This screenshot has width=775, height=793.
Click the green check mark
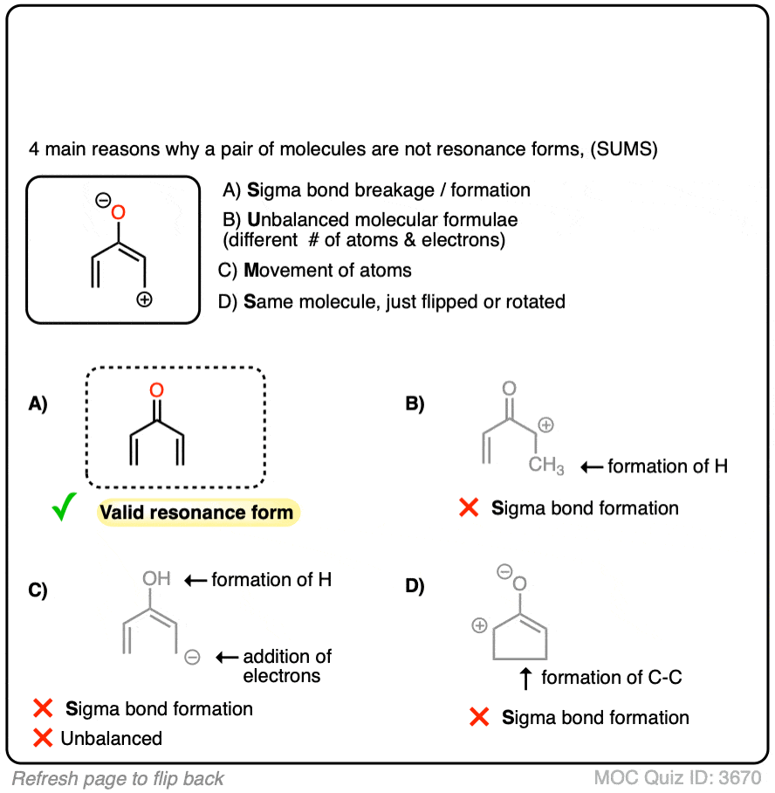click(x=64, y=508)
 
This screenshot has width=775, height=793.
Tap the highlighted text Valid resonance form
click(x=197, y=512)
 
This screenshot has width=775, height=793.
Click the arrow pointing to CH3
click(x=591, y=467)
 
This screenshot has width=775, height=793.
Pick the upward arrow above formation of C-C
click(x=526, y=676)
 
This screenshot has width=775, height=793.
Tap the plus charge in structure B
click(x=546, y=425)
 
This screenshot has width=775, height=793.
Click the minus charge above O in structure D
click(x=504, y=573)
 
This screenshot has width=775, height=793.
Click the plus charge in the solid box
click(x=145, y=300)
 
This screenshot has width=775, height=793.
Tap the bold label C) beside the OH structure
click(x=38, y=590)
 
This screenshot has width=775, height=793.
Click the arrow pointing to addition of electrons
click(x=226, y=657)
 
